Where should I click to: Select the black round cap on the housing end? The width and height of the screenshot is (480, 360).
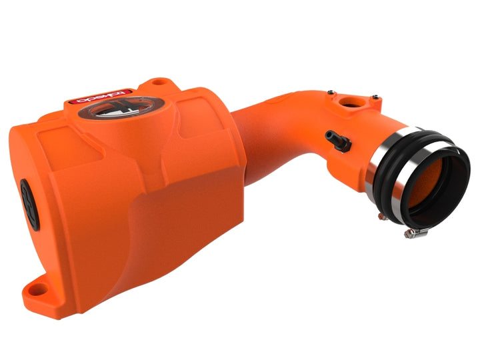click(x=27, y=195)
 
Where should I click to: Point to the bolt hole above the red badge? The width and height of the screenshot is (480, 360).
click(x=157, y=83)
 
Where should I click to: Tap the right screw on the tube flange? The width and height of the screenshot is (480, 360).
click(x=377, y=97)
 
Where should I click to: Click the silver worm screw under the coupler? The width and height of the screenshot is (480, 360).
click(x=408, y=233)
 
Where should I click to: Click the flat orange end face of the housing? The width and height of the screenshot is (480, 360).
click(x=47, y=200)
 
